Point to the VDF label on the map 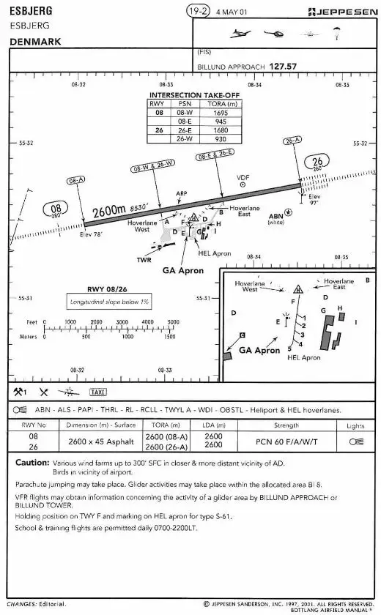[x=243, y=177]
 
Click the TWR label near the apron [x=144, y=259]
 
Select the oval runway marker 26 [x=317, y=163]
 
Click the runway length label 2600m [x=108, y=212]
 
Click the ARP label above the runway [x=182, y=194]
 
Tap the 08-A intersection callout [x=75, y=179]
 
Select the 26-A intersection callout [x=292, y=140]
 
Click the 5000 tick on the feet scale [x=171, y=321]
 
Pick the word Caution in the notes [x=32, y=463]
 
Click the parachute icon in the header [x=336, y=33]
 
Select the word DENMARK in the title [x=35, y=42]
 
